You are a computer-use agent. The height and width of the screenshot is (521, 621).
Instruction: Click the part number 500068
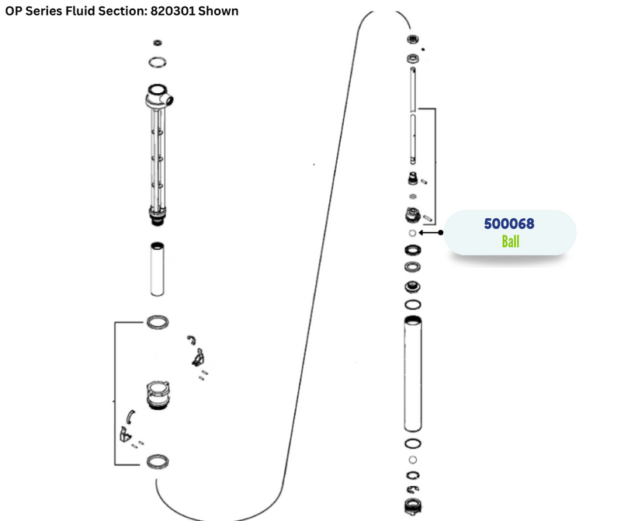pos(509,224)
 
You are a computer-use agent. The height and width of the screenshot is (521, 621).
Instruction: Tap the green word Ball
pos(510,241)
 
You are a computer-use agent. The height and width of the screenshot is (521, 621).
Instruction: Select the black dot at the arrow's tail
pos(440,232)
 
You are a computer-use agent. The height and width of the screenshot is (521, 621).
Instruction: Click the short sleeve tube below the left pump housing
pos(158,269)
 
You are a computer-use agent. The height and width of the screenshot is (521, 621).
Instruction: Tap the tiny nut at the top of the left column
pos(158,43)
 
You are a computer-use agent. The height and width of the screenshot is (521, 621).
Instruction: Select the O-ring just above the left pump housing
pos(158,61)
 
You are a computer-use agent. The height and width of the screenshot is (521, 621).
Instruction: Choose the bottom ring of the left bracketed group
pos(158,461)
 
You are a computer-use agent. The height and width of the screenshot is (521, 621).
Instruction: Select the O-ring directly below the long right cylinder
pos(413,443)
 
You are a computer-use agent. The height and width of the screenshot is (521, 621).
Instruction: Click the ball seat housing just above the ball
pos(412,215)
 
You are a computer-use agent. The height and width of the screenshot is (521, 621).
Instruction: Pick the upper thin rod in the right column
pos(413,87)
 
